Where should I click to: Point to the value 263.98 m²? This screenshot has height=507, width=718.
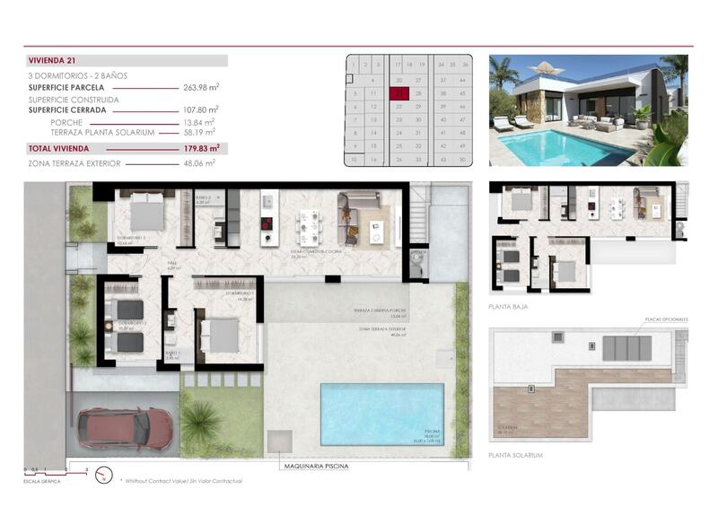(x=202, y=88)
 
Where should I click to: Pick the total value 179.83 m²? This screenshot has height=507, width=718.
(x=202, y=148)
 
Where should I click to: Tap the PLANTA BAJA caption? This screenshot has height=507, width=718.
(x=509, y=307)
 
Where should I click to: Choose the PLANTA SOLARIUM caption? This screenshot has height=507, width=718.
(x=516, y=455)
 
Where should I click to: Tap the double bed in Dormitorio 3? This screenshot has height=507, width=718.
(x=146, y=214)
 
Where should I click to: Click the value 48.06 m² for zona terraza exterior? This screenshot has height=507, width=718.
(x=202, y=164)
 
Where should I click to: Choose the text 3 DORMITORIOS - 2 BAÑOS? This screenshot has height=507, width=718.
(x=77, y=76)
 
